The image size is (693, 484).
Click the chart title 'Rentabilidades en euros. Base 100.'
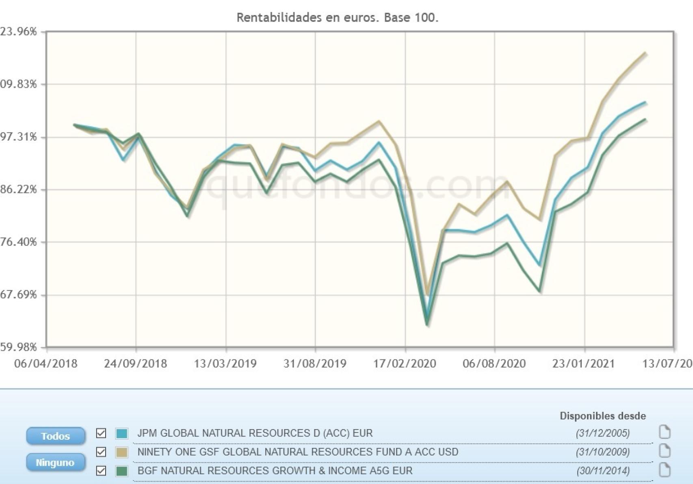tap(337, 18)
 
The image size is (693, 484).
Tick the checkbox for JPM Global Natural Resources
tap(101, 433)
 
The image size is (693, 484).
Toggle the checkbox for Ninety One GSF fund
tap(101, 452)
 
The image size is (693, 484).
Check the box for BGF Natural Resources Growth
tap(101, 471)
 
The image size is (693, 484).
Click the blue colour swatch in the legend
tap(121, 433)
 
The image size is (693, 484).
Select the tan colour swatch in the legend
tap(121, 452)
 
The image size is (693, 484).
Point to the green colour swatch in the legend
tap(121, 471)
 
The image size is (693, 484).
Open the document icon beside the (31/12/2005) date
tap(665, 432)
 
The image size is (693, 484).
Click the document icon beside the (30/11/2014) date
tap(665, 470)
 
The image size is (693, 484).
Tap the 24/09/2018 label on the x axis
tap(135, 363)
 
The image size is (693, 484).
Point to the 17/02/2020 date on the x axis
tap(405, 363)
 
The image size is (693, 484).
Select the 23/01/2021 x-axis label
tap(583, 363)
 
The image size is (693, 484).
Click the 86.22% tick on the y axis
tap(19, 189)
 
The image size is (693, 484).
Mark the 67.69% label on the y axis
tap(19, 294)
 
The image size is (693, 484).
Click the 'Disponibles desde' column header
tap(602, 416)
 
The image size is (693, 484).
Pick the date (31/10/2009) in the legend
tap(602, 452)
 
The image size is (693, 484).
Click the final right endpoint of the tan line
tap(646, 53)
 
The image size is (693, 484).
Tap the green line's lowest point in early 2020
tap(427, 325)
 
